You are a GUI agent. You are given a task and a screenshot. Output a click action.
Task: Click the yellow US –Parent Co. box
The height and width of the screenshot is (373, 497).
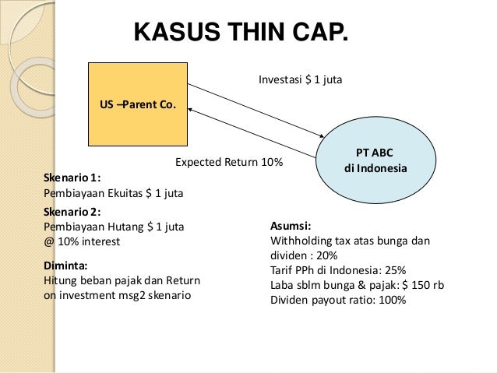point(138,104)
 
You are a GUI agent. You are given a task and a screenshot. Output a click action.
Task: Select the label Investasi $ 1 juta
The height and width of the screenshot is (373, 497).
point(300,79)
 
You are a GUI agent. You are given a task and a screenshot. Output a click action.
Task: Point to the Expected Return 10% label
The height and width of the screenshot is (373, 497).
point(228,164)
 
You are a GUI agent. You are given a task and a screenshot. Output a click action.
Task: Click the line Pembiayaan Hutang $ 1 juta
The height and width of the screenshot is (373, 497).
point(113,227)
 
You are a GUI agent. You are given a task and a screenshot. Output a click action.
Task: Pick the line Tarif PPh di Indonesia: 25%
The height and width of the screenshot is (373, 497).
point(337,270)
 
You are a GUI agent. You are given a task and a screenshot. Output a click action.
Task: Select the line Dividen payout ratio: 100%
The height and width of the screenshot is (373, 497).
point(337,300)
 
